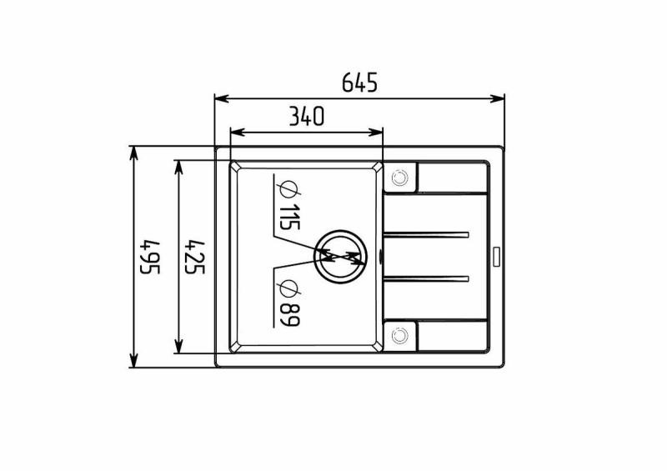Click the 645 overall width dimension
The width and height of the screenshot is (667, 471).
click(x=360, y=83)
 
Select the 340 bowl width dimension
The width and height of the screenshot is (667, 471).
click(x=307, y=116)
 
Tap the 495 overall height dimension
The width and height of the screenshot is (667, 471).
click(x=150, y=258)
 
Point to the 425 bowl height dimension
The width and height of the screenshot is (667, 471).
click(x=195, y=258)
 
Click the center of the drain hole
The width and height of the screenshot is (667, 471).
click(x=340, y=257)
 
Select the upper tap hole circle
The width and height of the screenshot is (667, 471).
click(x=400, y=178)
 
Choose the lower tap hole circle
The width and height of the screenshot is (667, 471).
click(x=400, y=335)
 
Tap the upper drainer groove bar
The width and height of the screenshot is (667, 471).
click(x=426, y=234)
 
